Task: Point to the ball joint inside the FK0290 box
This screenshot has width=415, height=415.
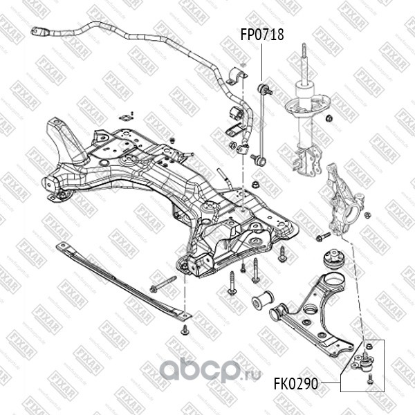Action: (x=367, y=358)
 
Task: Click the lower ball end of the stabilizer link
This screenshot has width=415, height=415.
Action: (x=259, y=160)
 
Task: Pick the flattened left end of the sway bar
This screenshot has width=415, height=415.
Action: (x=37, y=30)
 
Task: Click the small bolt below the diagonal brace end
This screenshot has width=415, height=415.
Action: (x=185, y=331)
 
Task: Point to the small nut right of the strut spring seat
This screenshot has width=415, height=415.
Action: (x=331, y=118)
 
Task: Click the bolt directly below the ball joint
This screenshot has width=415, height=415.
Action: (x=369, y=378)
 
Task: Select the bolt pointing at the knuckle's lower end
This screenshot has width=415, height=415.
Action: (x=322, y=238)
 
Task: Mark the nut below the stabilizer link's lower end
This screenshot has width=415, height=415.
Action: (x=256, y=185)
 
